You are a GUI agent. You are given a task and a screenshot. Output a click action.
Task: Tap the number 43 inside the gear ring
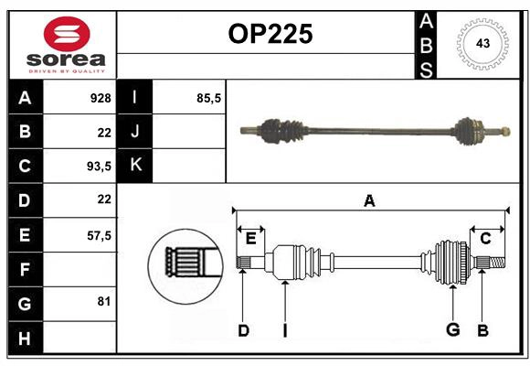pos(482,44)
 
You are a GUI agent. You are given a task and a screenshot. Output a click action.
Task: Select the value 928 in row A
pos(101,98)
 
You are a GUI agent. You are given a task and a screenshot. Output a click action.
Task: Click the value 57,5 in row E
pos(98,235)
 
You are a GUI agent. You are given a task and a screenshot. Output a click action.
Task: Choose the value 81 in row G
pos(103,301)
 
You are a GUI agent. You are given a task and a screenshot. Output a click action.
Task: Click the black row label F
pos(25,269)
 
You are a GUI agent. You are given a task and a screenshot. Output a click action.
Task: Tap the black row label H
pos(25,338)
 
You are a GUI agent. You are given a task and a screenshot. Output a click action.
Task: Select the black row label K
pos(136,166)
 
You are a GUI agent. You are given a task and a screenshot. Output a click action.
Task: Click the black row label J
pos(136,132)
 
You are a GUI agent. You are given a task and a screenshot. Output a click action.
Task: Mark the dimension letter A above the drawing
pos(369,200)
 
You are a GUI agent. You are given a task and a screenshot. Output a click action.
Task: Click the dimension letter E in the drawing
pos(250,239)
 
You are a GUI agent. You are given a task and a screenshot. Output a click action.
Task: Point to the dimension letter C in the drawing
pos(485,239)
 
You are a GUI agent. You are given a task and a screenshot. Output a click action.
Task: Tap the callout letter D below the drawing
pos(243,330)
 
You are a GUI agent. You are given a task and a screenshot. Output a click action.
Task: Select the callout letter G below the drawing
pos(452,330)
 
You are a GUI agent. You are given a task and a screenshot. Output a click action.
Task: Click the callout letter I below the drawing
pos(285,330)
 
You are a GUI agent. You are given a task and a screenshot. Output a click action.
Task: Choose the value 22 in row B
pos(103,132)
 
